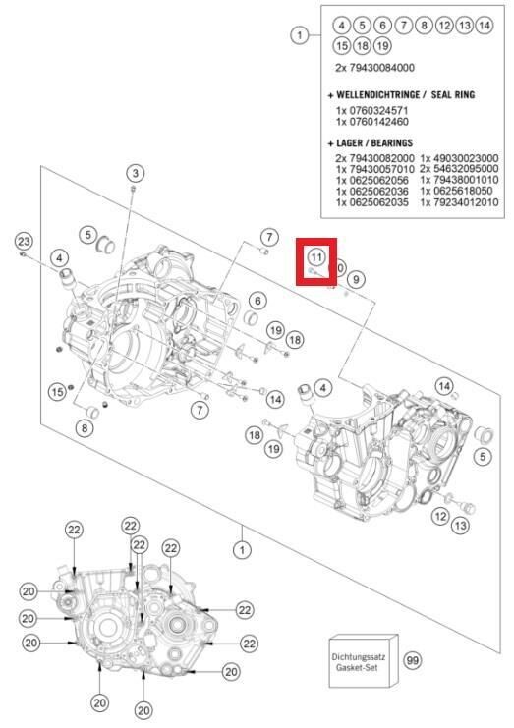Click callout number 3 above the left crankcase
pyautogui.click(x=135, y=173)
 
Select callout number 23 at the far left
pyautogui.click(x=24, y=242)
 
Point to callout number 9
pyautogui.click(x=355, y=279)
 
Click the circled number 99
pyautogui.click(x=412, y=660)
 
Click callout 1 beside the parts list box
pyautogui.click(x=300, y=35)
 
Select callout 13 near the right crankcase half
pyautogui.click(x=460, y=527)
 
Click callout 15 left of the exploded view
pyautogui.click(x=57, y=392)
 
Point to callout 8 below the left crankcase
pyautogui.click(x=86, y=427)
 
